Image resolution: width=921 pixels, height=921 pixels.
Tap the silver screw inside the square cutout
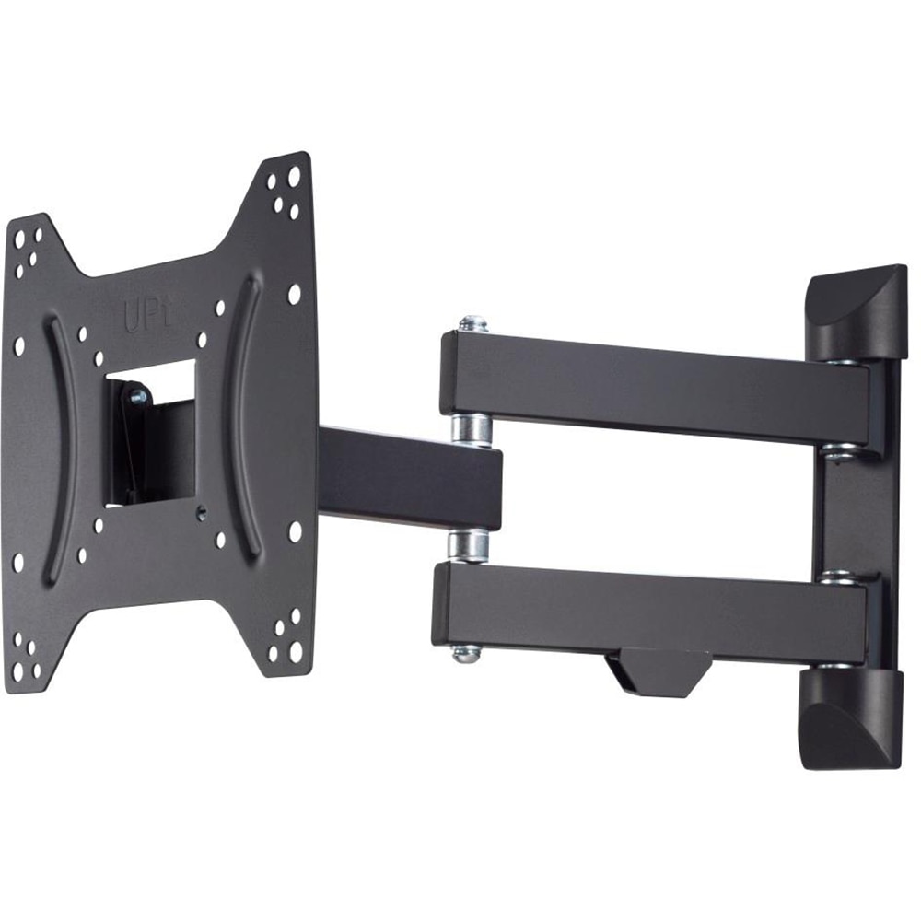pyautogui.click(x=138, y=396)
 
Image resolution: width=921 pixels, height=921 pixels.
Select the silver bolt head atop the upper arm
pyautogui.click(x=472, y=323)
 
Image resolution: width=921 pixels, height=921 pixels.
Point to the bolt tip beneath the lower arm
pyautogui.click(x=466, y=653)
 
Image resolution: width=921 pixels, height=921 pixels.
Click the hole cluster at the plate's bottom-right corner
pyautogui.click(x=285, y=636)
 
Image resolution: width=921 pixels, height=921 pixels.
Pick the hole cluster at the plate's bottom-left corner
pyautogui.click(x=27, y=656)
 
